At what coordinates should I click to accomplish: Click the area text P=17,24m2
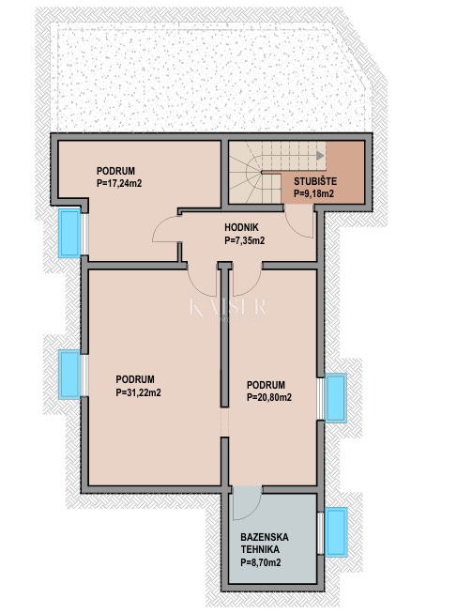click(x=119, y=185)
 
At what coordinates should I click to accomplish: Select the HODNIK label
click(x=243, y=227)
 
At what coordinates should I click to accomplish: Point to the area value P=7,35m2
click(x=244, y=240)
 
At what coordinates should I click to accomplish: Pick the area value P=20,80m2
click(x=269, y=397)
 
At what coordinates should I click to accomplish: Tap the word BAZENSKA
click(x=264, y=537)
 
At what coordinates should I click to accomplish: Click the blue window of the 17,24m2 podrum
click(x=69, y=233)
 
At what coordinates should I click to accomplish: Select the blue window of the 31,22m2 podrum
click(x=69, y=376)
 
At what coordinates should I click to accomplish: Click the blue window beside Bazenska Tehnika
click(x=335, y=531)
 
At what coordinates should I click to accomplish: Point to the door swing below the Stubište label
click(x=298, y=221)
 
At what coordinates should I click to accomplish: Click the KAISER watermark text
click(x=228, y=307)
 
